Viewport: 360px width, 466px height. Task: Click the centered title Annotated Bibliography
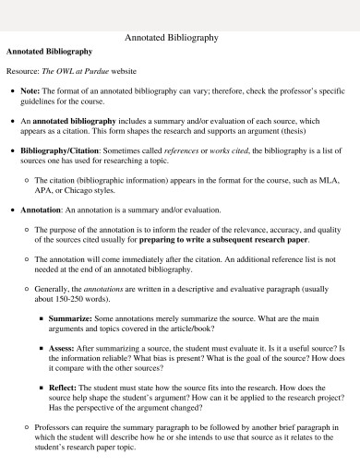point(171,39)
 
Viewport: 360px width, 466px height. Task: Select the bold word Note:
point(30,91)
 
